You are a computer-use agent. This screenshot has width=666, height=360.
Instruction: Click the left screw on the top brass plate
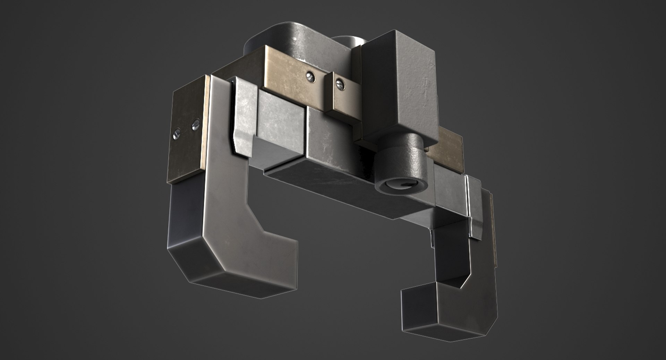310,78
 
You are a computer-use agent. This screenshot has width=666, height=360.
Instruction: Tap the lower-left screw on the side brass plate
177,132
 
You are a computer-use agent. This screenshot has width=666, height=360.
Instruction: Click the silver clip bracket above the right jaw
473,208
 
